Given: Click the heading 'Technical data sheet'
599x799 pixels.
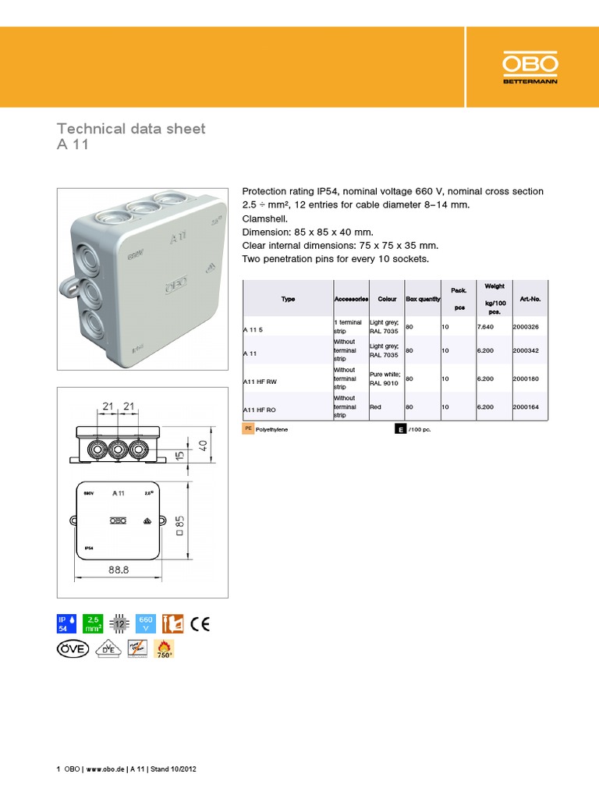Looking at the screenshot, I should (131, 129).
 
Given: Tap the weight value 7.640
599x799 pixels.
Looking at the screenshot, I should (485, 328).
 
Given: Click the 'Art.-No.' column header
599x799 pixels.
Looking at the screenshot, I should (530, 299).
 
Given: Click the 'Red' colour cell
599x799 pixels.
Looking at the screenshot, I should (375, 407).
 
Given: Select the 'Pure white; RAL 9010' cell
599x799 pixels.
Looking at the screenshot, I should (385, 379).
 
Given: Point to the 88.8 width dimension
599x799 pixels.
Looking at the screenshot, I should (119, 570).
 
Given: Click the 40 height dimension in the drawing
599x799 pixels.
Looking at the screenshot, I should (203, 445).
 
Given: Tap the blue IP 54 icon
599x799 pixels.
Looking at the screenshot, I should (66, 623).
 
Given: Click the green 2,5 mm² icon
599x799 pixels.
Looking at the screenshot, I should (93, 623).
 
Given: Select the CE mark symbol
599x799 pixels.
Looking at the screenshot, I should (200, 623).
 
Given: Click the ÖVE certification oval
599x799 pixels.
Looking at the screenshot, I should (73, 649).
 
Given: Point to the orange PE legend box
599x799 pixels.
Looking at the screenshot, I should (248, 429).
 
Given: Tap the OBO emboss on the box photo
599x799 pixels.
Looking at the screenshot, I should (179, 286).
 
